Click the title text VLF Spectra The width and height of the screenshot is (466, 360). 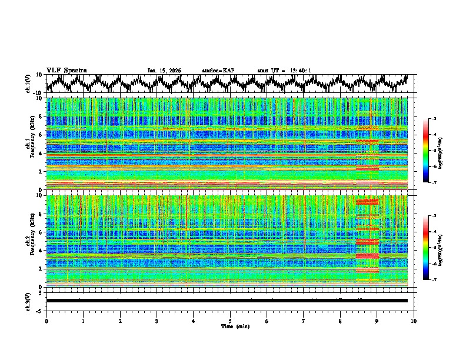click(x=66, y=71)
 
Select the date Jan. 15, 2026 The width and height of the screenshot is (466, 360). click(x=164, y=71)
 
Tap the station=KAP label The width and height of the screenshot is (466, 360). click(x=218, y=71)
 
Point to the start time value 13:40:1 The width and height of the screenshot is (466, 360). click(x=298, y=71)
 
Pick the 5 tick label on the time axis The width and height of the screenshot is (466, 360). click(x=230, y=321)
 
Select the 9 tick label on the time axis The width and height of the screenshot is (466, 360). click(x=377, y=321)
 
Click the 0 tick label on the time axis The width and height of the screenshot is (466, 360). click(x=46, y=321)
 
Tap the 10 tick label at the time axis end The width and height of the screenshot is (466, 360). click(x=414, y=321)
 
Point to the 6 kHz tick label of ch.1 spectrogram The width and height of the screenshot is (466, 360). click(x=40, y=135)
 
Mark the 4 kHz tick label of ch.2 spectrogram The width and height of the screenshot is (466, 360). click(x=40, y=250)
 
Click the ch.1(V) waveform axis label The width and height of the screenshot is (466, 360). click(x=28, y=84)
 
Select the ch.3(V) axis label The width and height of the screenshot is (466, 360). click(x=28, y=301)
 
